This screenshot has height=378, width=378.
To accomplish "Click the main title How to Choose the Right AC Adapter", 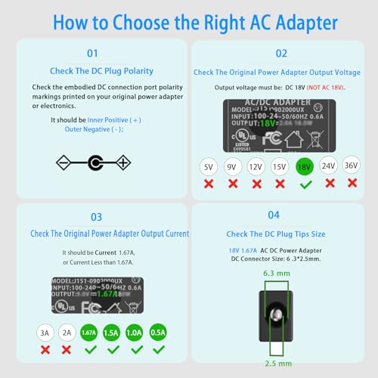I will coord(189,20).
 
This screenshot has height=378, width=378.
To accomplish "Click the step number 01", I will coord(92,54).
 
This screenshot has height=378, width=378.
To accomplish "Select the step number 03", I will coord(96,217).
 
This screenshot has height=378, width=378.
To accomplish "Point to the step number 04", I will coord(274,215).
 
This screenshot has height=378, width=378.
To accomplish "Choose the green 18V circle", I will coord(305,166).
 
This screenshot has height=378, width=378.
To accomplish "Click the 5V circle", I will coord(208,166).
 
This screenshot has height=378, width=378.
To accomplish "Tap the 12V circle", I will coord(256,166).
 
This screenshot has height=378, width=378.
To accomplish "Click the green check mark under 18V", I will coord(305,184).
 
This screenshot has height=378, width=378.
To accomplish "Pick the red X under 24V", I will coord(329,184).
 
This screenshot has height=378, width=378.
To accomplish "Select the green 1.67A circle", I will coord(88,331).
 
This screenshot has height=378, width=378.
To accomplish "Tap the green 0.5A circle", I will coord(158,331).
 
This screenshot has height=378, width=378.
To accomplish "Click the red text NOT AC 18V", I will coord(325,88).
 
